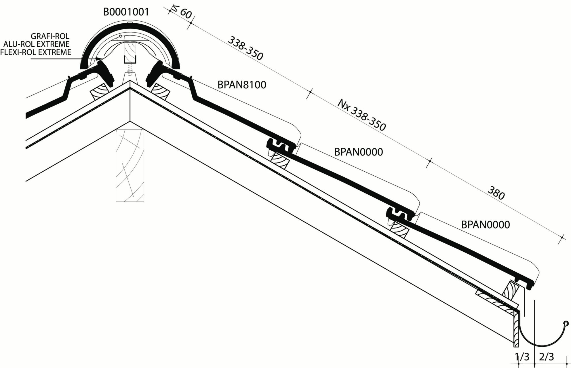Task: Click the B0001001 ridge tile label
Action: tap(126, 12)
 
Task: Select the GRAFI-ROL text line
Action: tap(50, 37)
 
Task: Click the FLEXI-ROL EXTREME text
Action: tap(36, 52)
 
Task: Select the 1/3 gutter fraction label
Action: tap(522, 357)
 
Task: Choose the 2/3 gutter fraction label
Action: tap(547, 357)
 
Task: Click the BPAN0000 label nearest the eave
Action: tap(486, 225)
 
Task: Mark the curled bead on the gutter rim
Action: tap(566, 324)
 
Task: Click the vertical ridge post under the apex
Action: tap(130, 165)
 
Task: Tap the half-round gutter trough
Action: tap(541, 334)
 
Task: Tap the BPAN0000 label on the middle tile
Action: tap(359, 152)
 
